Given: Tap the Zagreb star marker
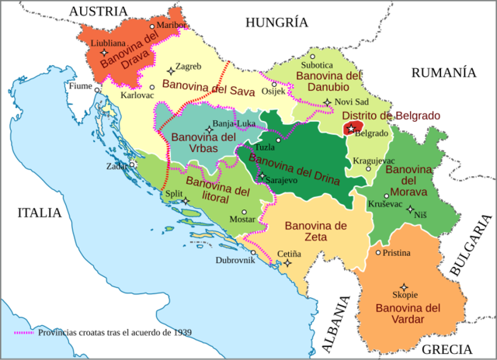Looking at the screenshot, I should [171, 71].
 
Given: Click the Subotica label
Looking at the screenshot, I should [318, 65].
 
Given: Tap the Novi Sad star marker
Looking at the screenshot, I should [328, 102].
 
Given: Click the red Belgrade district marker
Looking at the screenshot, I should [353, 127].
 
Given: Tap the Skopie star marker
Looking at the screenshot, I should [403, 286].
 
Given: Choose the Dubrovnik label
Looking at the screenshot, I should [235, 260].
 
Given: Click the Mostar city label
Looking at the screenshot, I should [243, 220].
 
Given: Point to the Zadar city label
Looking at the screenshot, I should [119, 165].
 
